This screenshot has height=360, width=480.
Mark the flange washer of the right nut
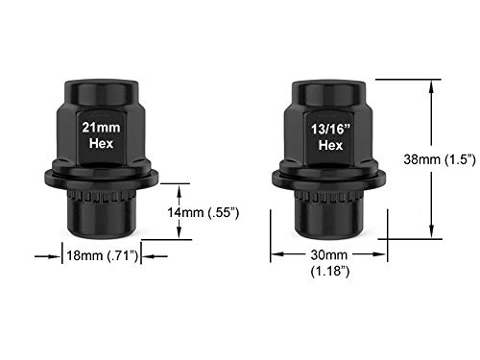pyautogui.click(x=328, y=180)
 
